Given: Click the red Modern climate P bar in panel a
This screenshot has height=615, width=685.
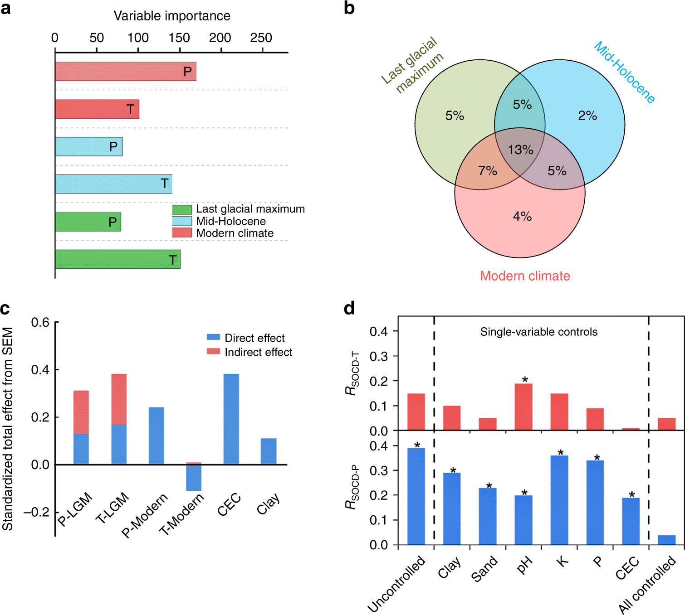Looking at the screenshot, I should point(126,72).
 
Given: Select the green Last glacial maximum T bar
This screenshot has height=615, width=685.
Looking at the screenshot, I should point(117,259).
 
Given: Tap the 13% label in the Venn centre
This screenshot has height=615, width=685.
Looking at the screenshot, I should point(520,150).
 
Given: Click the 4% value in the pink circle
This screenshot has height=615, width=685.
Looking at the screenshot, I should point(522,217).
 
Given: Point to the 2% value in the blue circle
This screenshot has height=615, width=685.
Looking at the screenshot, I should point(587,116).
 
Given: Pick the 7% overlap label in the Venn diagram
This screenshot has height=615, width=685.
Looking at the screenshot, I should point(488,171).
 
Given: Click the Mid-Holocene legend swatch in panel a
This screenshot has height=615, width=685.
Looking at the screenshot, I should point(182,221).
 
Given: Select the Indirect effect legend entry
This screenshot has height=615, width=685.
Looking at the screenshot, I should point(250,352).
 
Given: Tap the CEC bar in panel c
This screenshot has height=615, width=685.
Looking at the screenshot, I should point(231,419).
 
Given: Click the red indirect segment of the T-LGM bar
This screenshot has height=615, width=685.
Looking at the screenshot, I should point(119,399).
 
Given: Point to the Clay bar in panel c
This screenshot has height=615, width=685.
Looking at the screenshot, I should point(269,451).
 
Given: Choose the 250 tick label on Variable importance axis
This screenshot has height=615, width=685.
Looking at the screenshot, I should point(261,38).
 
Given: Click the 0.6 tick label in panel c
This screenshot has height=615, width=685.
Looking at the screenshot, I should point(40,323).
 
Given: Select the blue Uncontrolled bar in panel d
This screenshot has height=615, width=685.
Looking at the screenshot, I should point(416,496).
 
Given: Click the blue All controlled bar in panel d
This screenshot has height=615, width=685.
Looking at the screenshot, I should point(666,540).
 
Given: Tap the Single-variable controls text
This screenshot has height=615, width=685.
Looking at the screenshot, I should point(539,332).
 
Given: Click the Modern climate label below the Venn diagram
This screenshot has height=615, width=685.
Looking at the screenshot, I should point(525,276).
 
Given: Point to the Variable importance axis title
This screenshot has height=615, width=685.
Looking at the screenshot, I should point(172,16).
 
